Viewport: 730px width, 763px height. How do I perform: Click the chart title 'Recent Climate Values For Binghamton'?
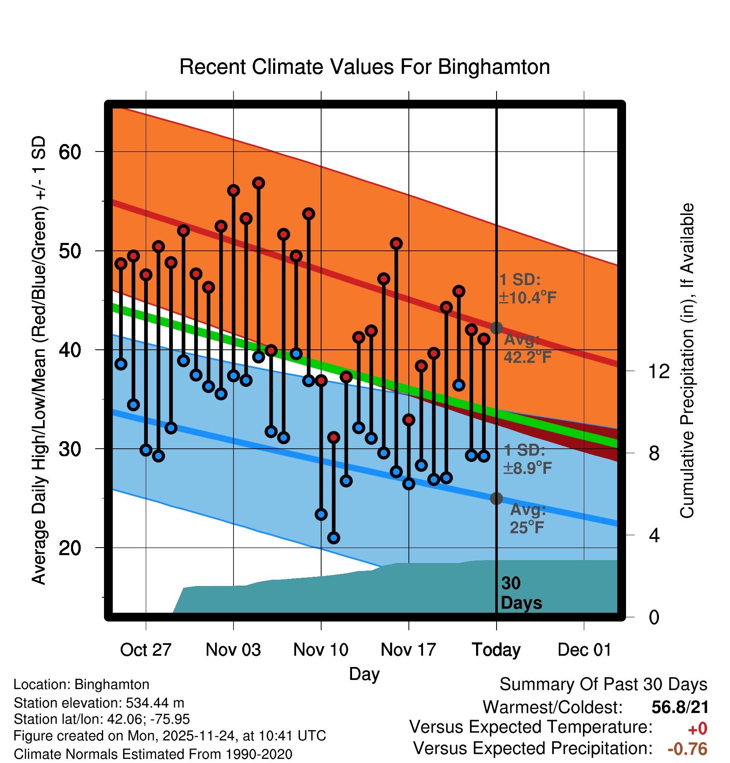click(365, 67)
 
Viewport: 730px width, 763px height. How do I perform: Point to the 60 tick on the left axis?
click(70, 152)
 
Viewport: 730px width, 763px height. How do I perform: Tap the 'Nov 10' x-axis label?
click(321, 650)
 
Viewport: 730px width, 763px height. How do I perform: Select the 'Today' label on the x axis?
click(496, 650)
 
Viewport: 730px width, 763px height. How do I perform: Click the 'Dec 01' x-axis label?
click(584, 650)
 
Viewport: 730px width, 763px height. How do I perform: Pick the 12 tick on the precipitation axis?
click(659, 371)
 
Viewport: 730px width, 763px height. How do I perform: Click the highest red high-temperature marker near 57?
click(259, 183)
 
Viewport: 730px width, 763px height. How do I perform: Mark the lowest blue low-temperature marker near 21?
click(334, 538)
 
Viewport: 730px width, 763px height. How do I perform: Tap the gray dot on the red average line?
click(496, 328)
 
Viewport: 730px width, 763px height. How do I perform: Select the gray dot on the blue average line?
click(496, 498)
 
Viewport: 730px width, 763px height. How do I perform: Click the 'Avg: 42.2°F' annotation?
click(527, 348)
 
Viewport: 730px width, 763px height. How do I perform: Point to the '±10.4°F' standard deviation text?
click(527, 298)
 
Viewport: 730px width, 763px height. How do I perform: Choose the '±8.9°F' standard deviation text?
click(527, 468)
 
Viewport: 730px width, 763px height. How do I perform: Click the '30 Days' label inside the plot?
click(521, 593)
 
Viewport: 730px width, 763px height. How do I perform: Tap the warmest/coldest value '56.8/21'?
click(680, 707)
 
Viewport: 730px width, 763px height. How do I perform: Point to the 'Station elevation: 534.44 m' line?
click(99, 703)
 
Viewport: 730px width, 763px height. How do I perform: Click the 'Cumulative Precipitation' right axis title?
click(687, 361)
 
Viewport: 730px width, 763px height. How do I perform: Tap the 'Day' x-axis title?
click(364, 674)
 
